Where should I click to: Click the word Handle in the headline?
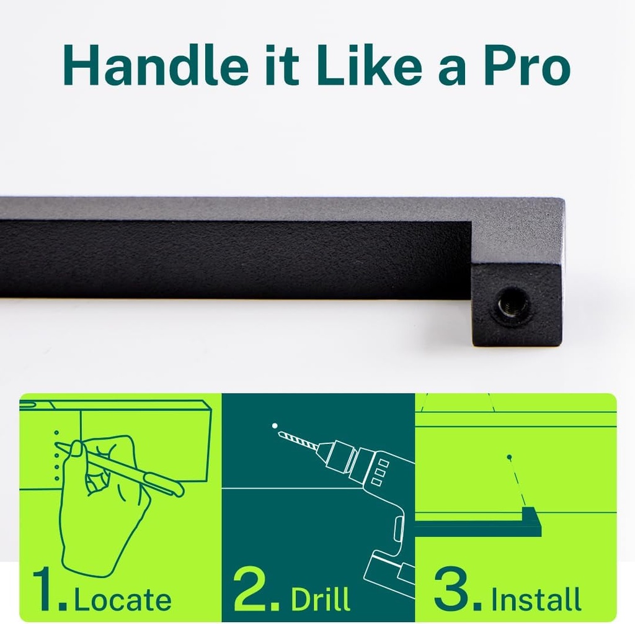[156, 65]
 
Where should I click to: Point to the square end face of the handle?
[517, 304]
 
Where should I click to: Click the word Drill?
[321, 598]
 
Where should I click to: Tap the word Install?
[536, 598]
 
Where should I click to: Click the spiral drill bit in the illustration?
[297, 440]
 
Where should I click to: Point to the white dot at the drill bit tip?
[275, 426]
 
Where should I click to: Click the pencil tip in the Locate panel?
[56, 443]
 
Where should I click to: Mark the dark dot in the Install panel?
[510, 457]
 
